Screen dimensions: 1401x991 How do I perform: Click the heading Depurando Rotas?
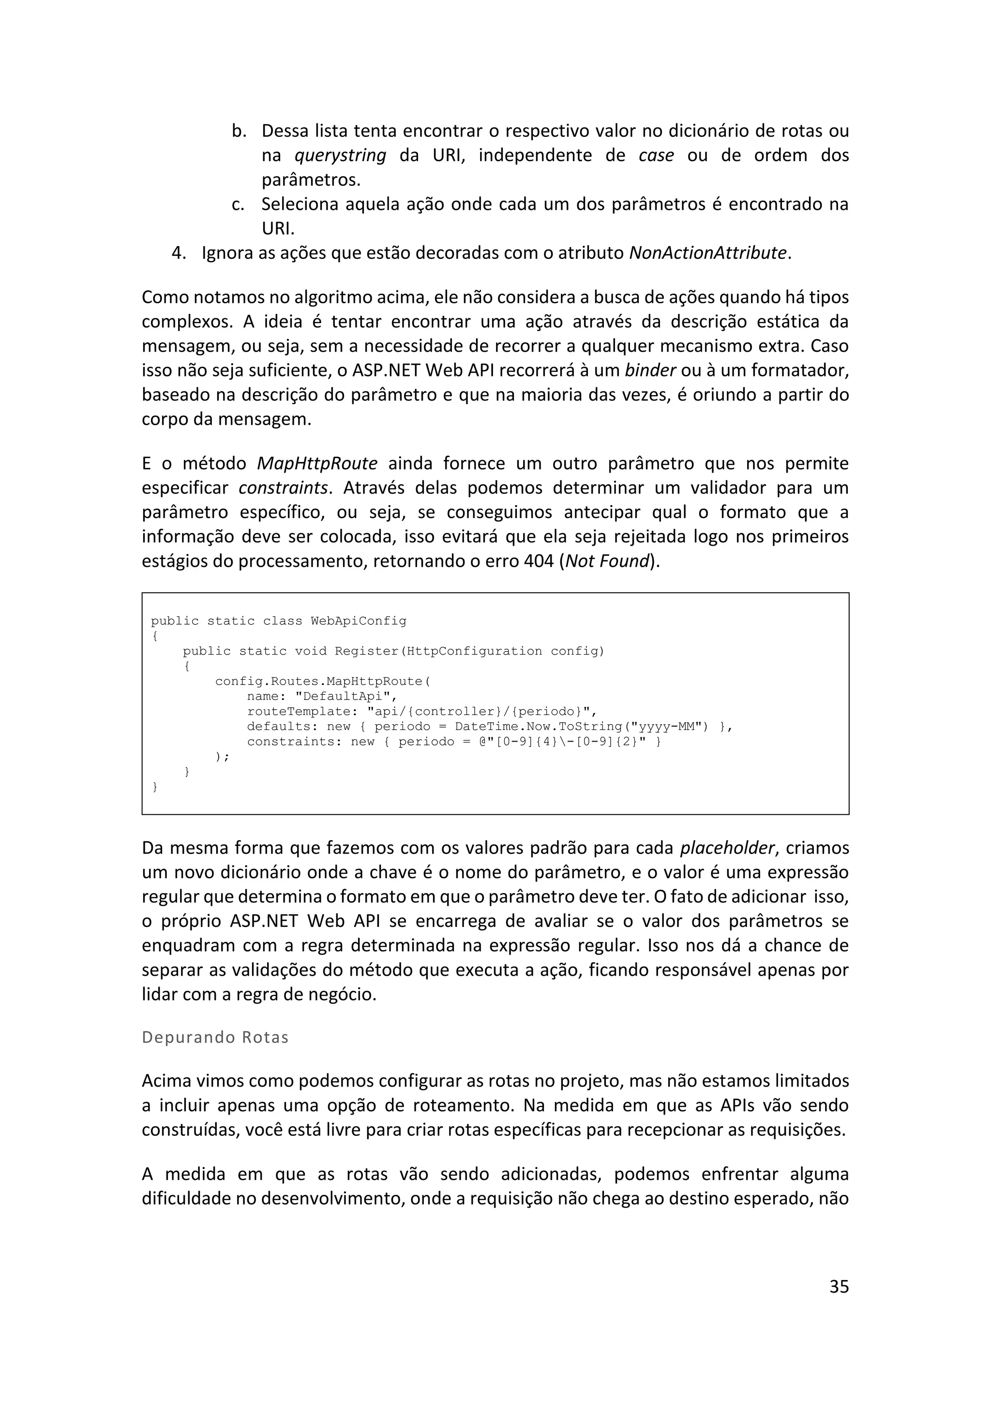[215, 1037]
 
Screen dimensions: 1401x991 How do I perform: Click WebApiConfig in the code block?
[358, 621]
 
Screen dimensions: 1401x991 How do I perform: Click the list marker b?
[239, 131]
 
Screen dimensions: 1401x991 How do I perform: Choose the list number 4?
[178, 253]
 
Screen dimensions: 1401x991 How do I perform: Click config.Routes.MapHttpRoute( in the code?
[323, 681]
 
